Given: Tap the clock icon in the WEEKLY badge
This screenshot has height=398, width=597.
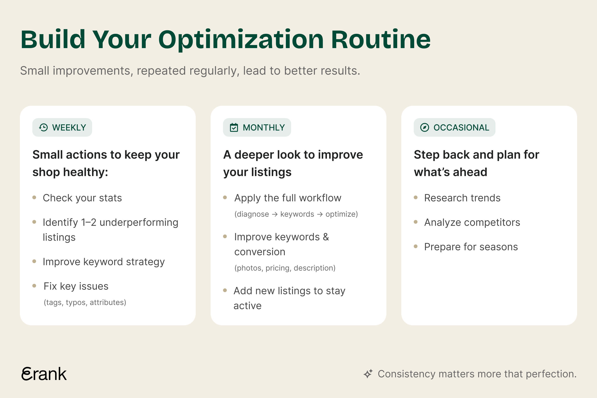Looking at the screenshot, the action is tap(43, 127).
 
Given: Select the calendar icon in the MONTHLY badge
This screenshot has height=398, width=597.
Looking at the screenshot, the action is tap(234, 127).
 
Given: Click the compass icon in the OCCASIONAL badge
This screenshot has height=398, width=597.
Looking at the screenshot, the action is tap(424, 127).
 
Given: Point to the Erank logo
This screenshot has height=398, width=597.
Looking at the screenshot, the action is tap(44, 374).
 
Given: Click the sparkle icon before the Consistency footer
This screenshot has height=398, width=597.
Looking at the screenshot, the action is tap(368, 374).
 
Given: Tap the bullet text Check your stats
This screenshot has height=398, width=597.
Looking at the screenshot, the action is tap(82, 198).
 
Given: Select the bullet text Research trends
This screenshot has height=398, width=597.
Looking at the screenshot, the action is tap(462, 198).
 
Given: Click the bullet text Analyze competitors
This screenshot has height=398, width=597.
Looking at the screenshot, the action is tap(472, 222).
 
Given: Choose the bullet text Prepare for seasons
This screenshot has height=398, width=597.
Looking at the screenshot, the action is tap(471, 247).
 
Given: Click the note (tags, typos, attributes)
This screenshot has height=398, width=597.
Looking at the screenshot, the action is tap(85, 302).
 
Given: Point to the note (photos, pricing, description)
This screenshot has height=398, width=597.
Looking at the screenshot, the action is tap(285, 268).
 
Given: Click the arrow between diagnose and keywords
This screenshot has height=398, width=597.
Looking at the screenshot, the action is tap(275, 214).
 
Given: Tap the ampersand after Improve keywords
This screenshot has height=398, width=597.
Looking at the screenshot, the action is tap(326, 237).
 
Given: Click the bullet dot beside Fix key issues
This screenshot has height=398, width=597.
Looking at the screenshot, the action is tap(34, 286).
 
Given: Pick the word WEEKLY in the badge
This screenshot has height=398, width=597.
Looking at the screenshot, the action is tap(69, 127).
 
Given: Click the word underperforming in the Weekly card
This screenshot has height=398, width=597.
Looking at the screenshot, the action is tap(139, 223).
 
